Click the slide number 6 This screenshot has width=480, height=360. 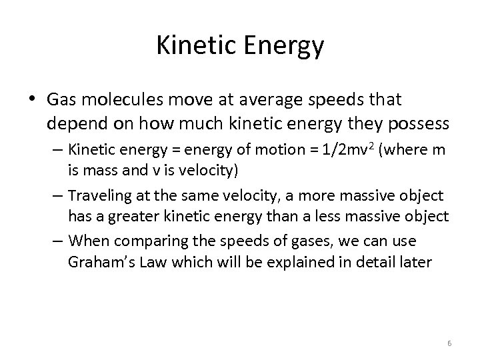[x=449, y=343]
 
